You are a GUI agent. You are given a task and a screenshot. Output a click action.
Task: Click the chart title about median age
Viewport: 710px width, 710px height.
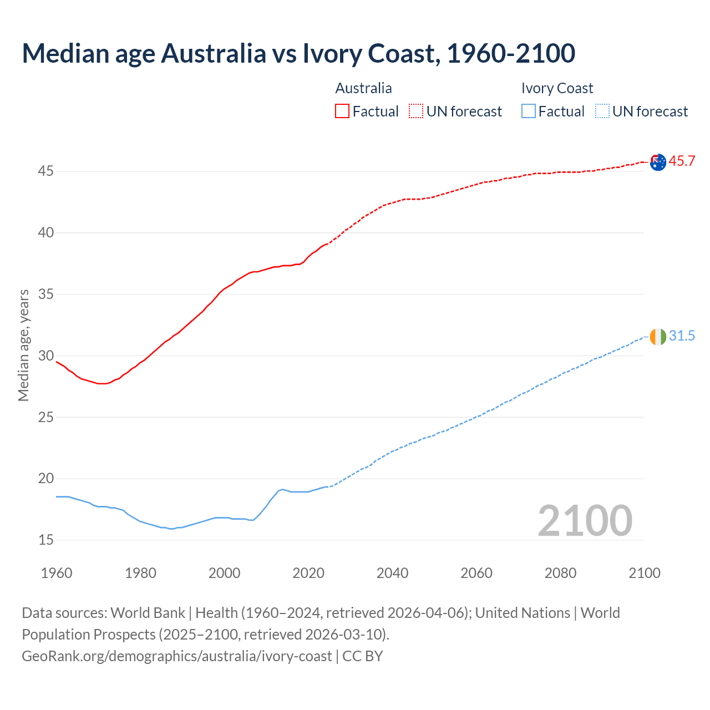pyautogui.click(x=298, y=53)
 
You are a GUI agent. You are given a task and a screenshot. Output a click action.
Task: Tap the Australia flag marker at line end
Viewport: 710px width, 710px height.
pyautogui.click(x=658, y=163)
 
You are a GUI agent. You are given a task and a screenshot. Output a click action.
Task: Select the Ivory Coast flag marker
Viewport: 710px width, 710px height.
pyautogui.click(x=658, y=337)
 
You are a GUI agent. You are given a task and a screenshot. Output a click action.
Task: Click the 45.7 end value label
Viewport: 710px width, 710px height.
pyautogui.click(x=682, y=161)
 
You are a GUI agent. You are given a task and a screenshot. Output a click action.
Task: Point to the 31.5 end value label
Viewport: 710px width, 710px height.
pyautogui.click(x=682, y=336)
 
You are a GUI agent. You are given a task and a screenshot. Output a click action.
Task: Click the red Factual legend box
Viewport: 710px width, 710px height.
pyautogui.click(x=342, y=111)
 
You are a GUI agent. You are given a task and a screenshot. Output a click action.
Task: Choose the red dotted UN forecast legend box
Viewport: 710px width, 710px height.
pyautogui.click(x=416, y=111)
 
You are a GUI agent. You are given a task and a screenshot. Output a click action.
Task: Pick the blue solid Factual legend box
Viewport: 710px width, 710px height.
pyautogui.click(x=529, y=111)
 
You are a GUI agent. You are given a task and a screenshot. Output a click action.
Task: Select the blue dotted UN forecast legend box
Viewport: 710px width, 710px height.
pyautogui.click(x=602, y=111)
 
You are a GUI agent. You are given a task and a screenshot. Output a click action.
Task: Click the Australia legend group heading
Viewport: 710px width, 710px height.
pyautogui.click(x=363, y=88)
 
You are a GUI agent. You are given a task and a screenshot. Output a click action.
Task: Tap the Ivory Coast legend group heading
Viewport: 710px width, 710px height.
pyautogui.click(x=557, y=88)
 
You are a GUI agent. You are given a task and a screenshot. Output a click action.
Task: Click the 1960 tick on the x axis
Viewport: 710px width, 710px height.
pyautogui.click(x=57, y=573)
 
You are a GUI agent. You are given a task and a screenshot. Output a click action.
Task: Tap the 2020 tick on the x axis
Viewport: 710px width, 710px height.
pyautogui.click(x=308, y=573)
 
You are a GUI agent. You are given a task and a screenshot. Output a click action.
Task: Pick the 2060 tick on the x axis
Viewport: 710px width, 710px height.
pyautogui.click(x=476, y=573)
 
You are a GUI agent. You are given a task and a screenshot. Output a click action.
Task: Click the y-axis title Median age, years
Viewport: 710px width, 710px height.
pyautogui.click(x=23, y=345)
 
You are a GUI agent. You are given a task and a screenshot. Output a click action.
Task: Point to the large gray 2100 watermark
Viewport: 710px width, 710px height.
pyautogui.click(x=585, y=520)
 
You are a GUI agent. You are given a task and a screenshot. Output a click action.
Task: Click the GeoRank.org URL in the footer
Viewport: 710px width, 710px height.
pyautogui.click(x=176, y=656)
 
